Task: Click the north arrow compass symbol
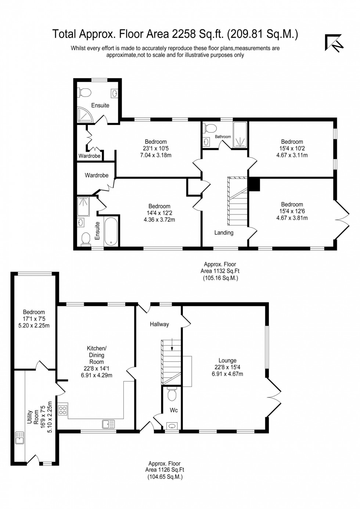click(x=334, y=43)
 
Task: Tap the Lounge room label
click(x=227, y=361)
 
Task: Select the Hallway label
click(x=159, y=324)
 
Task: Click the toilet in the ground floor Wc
click(x=171, y=395)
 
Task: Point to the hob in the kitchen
click(x=63, y=409)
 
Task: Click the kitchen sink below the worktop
click(x=108, y=425)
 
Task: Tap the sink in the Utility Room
click(x=19, y=438)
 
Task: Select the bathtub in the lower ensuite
click(x=111, y=231)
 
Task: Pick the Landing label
click(x=224, y=232)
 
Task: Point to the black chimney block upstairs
click(x=254, y=184)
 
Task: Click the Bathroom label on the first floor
click(x=223, y=137)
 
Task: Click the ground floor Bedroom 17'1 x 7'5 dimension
click(x=34, y=319)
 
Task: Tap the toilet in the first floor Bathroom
click(x=210, y=129)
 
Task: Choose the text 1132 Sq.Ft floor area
click(x=220, y=271)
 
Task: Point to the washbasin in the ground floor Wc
click(x=172, y=426)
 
